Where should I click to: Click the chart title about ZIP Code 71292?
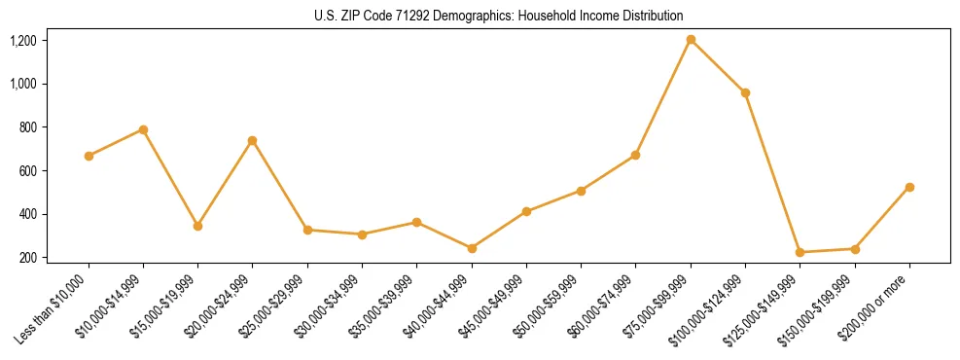(x=499, y=16)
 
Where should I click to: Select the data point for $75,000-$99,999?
(x=691, y=40)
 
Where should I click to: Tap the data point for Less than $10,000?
(x=89, y=156)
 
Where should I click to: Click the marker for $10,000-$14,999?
(x=143, y=129)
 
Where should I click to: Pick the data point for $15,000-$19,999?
(x=197, y=226)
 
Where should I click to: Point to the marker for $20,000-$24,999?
(x=252, y=140)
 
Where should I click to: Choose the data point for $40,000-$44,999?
(x=472, y=248)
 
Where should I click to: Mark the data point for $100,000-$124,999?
(x=745, y=92)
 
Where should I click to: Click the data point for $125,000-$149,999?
(x=800, y=252)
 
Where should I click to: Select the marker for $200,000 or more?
(x=909, y=187)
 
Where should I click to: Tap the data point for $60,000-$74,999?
(x=635, y=155)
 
